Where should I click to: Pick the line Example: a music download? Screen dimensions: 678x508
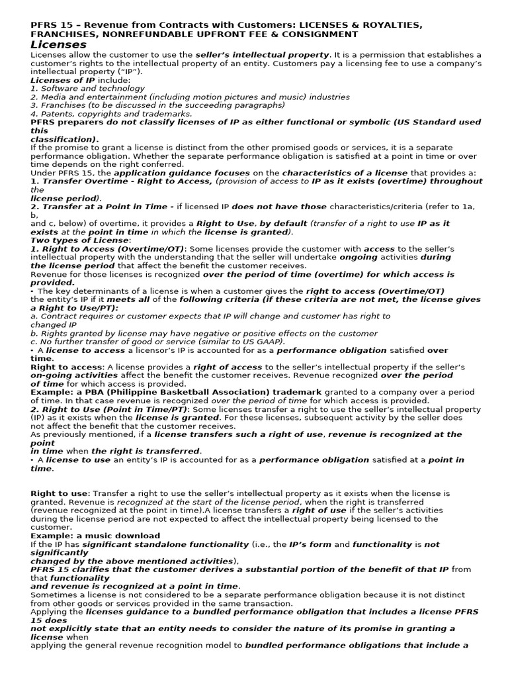coord(95,536)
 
